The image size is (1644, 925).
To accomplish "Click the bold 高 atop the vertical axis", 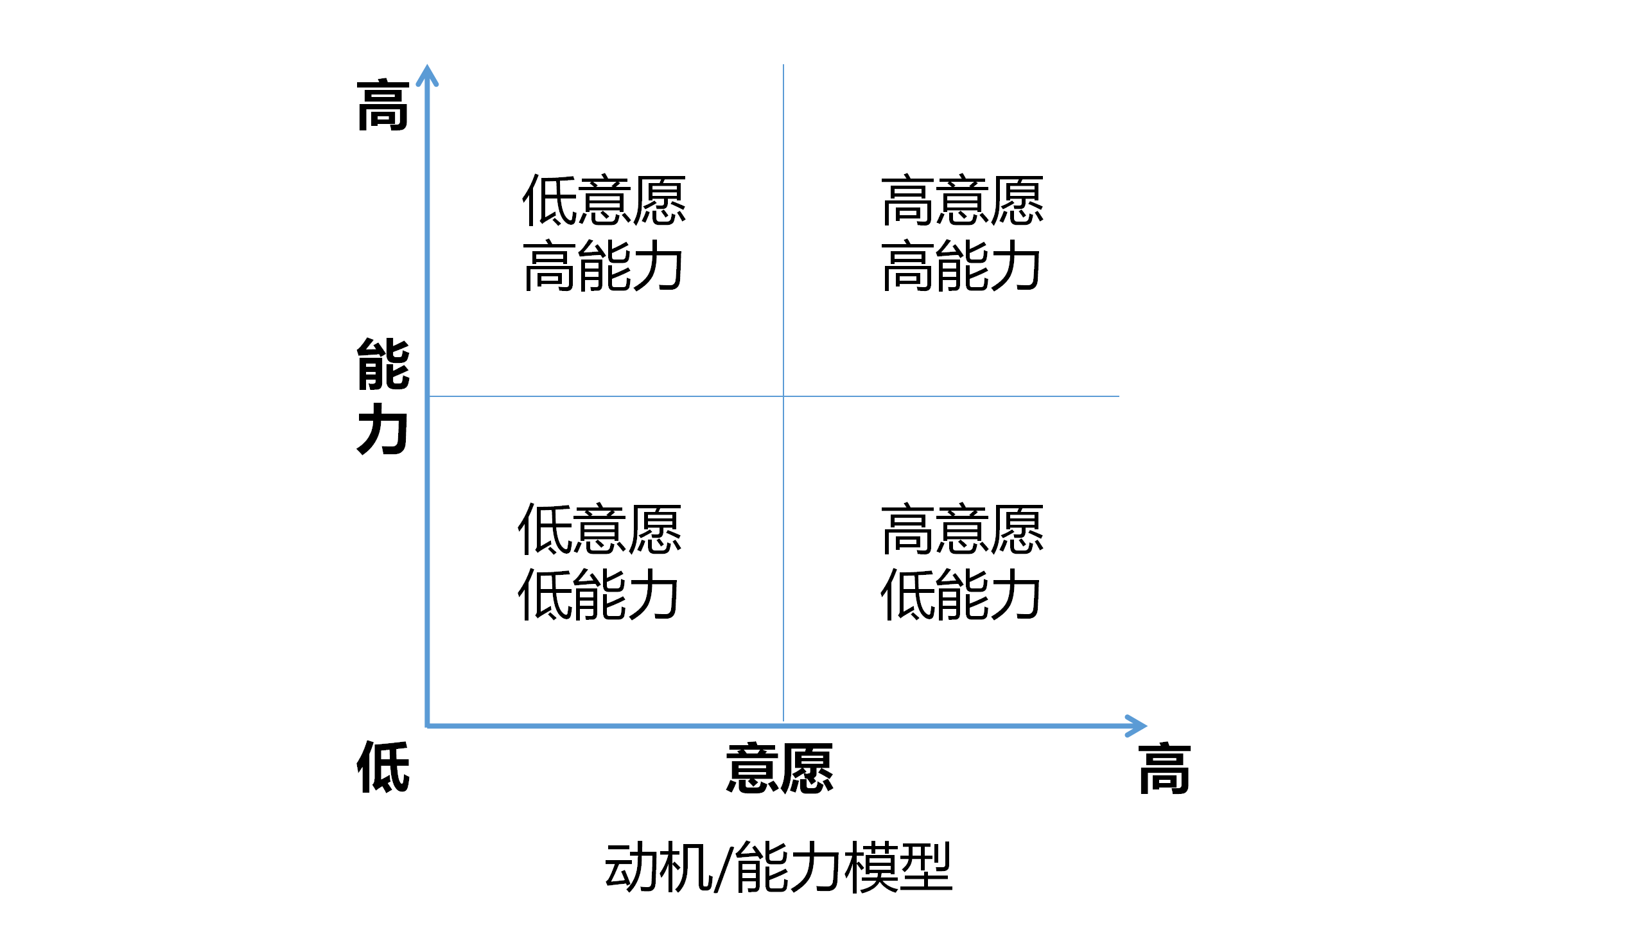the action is [383, 105].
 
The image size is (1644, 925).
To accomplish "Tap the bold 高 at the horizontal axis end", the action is [1165, 768].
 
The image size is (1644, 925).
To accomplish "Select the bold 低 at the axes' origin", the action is [383, 766].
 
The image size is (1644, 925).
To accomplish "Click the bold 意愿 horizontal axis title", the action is [780, 768].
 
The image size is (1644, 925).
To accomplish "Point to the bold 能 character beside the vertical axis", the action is [383, 364].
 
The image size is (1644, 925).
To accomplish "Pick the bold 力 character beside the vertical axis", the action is [383, 429].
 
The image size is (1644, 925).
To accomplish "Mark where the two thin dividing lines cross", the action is [783, 396].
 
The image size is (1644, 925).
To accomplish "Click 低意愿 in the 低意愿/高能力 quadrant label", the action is [604, 200].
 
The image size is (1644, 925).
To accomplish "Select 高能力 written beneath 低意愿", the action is [602, 265].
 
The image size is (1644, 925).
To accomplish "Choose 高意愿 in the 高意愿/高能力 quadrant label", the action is [962, 200].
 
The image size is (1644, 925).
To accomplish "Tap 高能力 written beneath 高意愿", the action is [961, 265].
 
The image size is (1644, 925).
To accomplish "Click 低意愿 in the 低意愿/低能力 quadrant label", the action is [599, 529].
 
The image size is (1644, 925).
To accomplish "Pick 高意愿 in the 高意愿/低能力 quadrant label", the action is [962, 529].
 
